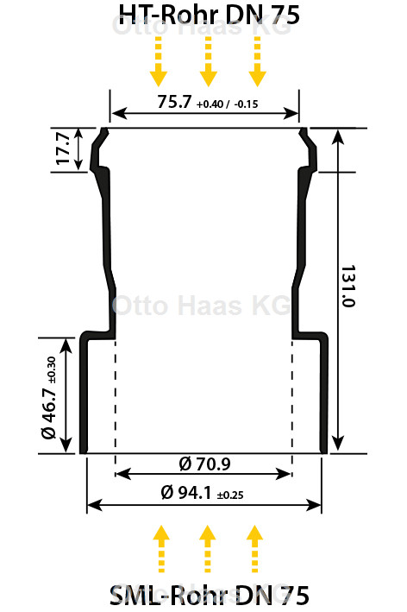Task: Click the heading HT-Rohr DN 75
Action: coord(209,15)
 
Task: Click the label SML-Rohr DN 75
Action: coord(210,596)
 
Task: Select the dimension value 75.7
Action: coord(174,102)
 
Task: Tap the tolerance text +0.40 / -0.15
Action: coord(228,104)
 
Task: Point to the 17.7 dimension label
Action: coord(63,148)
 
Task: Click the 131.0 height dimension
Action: coord(348,286)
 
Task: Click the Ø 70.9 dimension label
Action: coord(204,464)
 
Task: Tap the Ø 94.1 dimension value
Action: coord(186,493)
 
